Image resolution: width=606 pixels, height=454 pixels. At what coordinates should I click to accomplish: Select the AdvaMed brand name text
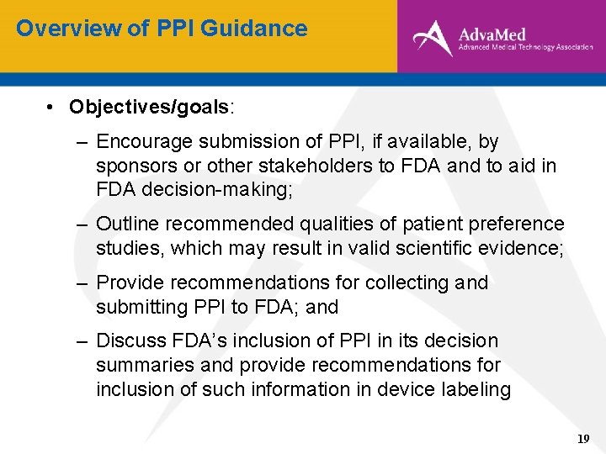pos(492,34)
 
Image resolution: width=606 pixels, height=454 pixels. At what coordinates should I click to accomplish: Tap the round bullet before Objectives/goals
pos(51,108)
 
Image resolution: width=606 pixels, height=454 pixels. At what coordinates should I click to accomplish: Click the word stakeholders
pos(322,166)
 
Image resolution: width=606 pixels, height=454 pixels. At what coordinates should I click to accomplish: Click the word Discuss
pos(130,341)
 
